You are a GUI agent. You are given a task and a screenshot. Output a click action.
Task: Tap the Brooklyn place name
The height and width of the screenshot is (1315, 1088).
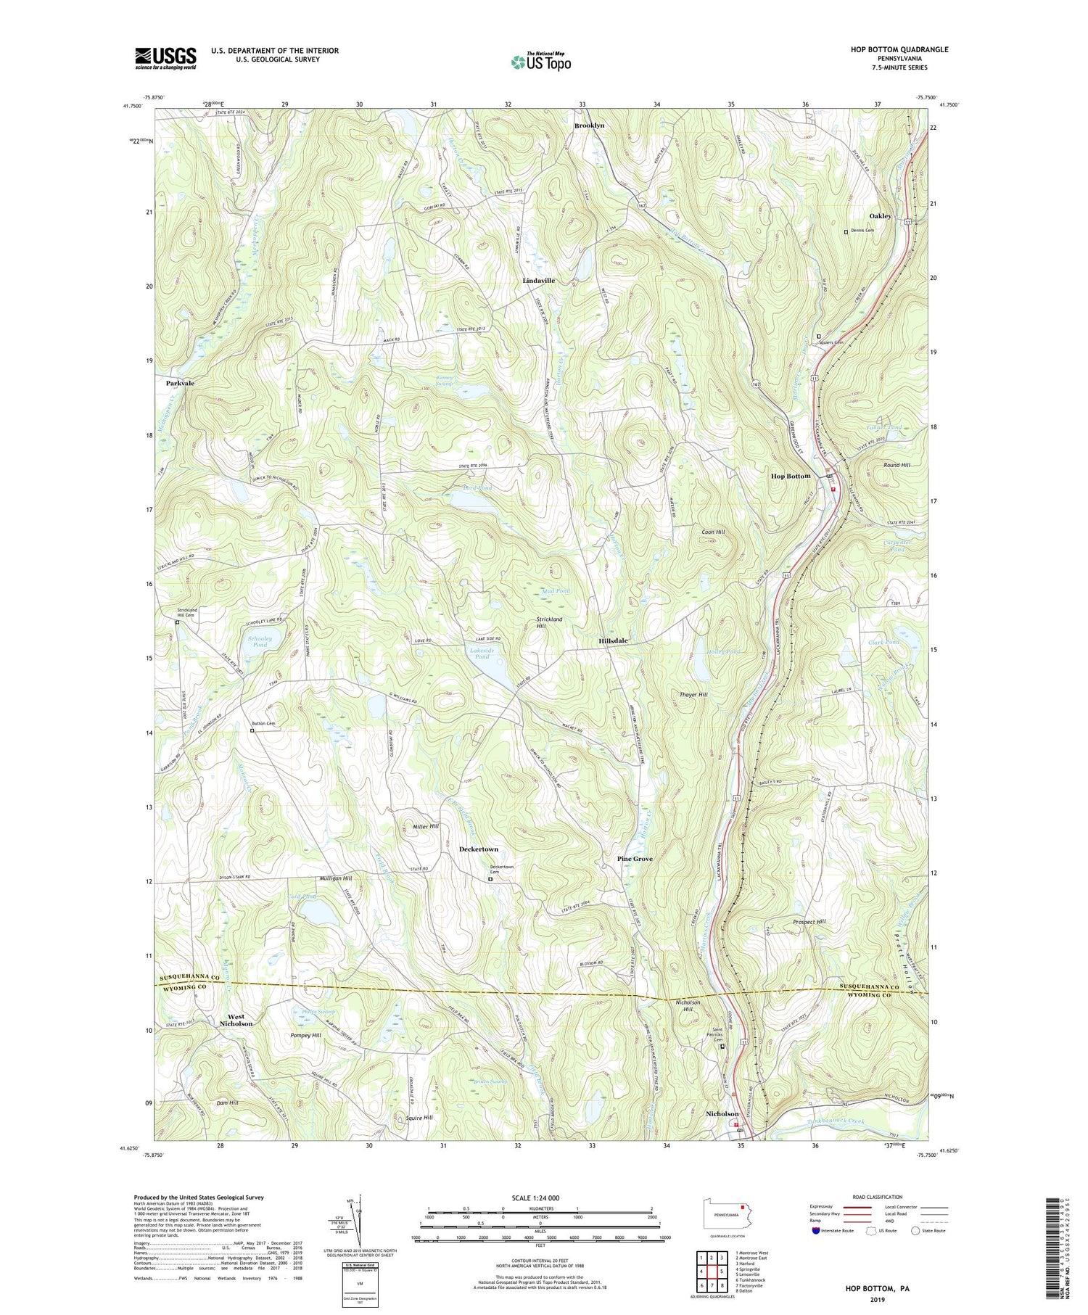coord(589,125)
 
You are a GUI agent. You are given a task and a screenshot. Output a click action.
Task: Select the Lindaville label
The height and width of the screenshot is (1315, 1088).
coord(538,280)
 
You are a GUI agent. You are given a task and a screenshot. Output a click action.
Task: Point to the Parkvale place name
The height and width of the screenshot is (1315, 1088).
coord(180,382)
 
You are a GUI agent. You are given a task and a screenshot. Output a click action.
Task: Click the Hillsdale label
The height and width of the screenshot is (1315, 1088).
coord(613,641)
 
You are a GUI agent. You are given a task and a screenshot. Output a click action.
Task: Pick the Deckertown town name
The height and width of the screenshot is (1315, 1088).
coord(479,849)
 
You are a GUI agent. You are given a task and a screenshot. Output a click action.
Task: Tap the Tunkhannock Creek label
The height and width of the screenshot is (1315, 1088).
coord(836,1122)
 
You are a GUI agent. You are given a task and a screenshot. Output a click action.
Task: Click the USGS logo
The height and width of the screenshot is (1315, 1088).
coord(165,58)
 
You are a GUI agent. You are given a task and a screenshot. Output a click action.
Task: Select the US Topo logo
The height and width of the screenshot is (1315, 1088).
coord(540,62)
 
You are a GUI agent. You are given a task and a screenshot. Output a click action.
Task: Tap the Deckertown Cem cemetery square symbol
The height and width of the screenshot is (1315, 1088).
coord(490,880)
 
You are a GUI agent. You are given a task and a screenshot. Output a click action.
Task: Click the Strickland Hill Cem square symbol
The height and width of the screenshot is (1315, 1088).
coord(177,622)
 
